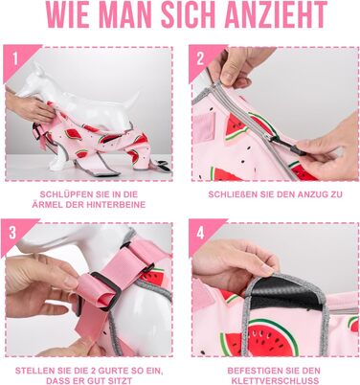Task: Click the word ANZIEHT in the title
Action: (276, 14)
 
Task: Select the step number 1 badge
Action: (15, 58)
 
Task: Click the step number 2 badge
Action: (200, 58)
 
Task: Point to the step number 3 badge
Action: (12, 233)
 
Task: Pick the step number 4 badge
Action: (200, 234)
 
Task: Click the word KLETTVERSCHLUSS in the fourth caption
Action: (275, 381)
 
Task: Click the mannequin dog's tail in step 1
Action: (132, 100)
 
